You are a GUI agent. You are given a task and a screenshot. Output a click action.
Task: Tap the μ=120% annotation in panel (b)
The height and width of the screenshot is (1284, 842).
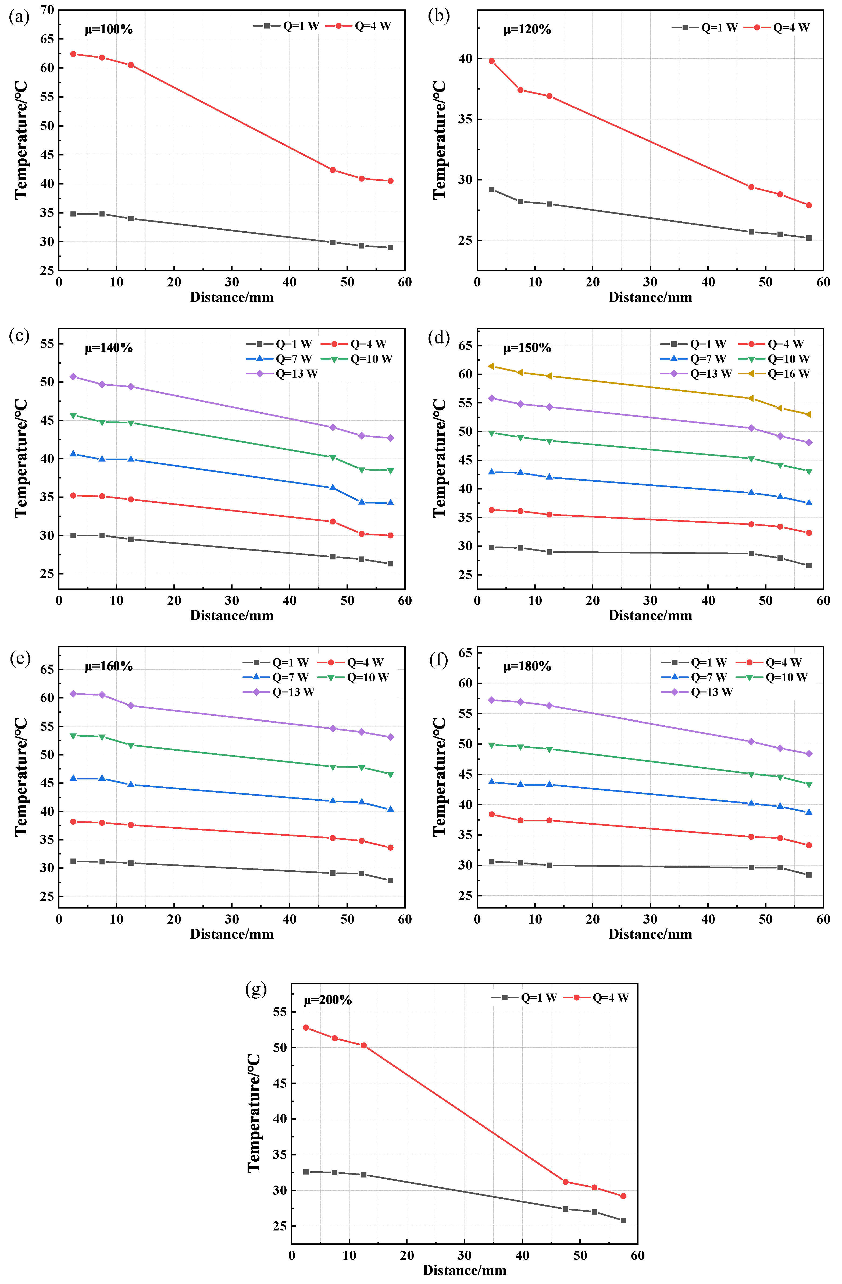(x=527, y=30)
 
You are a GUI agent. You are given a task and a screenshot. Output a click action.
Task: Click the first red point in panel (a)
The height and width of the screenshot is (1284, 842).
(x=73, y=54)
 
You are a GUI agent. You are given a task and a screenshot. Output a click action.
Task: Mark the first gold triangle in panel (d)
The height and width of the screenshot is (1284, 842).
(x=491, y=366)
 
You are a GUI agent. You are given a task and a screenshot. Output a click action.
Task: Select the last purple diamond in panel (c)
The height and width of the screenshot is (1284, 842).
(x=391, y=438)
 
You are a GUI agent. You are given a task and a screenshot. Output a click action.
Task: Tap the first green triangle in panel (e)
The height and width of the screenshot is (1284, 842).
(x=73, y=735)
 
